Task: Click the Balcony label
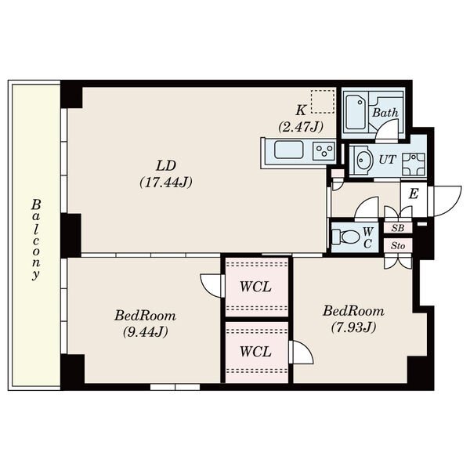tap(36, 240)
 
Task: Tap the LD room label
tap(166, 165)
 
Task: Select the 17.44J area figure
tap(166, 183)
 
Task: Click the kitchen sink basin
tap(288, 150)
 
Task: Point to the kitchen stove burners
tap(324, 150)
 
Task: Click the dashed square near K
tap(323, 102)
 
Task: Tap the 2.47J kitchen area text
tap(301, 127)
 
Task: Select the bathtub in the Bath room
tap(356, 112)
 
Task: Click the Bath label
tap(385, 113)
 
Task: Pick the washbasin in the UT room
tap(363, 160)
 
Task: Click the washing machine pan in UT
tap(414, 164)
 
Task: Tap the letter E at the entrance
tap(414, 194)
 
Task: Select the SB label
tap(398, 228)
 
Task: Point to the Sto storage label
tap(398, 246)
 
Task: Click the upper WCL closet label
tap(255, 287)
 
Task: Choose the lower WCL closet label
tap(255, 352)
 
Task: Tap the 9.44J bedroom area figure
tap(146, 332)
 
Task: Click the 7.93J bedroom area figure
tap(354, 327)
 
